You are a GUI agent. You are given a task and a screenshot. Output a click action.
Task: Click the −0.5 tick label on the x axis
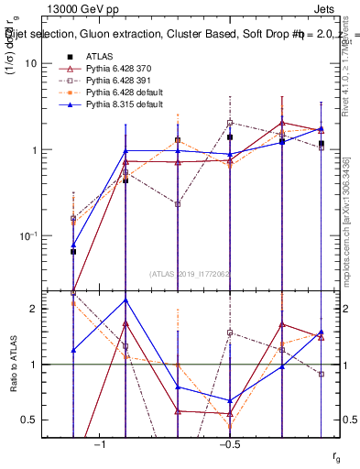click(229, 444)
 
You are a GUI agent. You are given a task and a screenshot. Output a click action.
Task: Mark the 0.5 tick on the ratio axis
click(30, 420)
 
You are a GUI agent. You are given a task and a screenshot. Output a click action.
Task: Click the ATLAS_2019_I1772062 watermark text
click(190, 273)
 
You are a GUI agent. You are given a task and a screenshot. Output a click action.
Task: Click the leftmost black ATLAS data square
click(73, 251)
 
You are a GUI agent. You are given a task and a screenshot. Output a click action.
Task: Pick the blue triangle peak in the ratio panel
click(125, 300)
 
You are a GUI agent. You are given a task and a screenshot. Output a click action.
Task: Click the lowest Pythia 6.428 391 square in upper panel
click(178, 204)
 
